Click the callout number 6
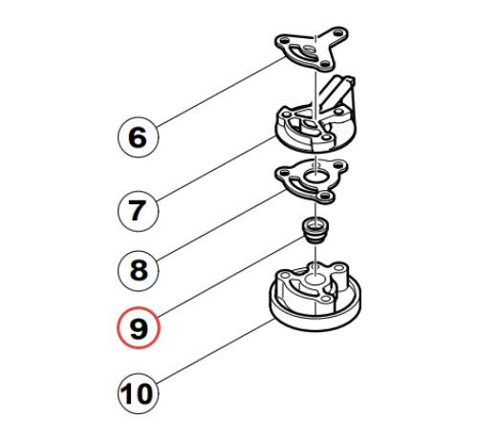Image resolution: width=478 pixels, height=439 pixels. click(x=138, y=137)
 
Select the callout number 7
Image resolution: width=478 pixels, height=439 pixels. click(x=138, y=211)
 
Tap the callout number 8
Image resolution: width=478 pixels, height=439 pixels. click(x=138, y=270)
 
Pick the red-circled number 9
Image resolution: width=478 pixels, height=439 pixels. click(x=138, y=328)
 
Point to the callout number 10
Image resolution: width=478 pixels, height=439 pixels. click(x=138, y=393)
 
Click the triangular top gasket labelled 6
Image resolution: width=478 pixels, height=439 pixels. click(x=311, y=51)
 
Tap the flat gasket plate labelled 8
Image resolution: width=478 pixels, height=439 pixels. click(x=312, y=181)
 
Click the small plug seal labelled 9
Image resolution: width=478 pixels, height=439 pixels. click(x=315, y=231)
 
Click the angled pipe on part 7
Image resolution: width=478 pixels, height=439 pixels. click(x=337, y=93)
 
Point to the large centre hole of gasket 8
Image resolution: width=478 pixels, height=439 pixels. click(x=315, y=176)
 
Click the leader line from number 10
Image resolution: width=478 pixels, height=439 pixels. click(x=216, y=351)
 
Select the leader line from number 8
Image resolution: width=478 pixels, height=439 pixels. click(x=222, y=225)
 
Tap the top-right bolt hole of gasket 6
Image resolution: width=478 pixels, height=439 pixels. click(x=338, y=32)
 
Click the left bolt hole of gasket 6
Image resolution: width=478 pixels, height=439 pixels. click(x=284, y=41)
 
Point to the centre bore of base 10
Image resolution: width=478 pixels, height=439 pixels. click(x=315, y=282)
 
